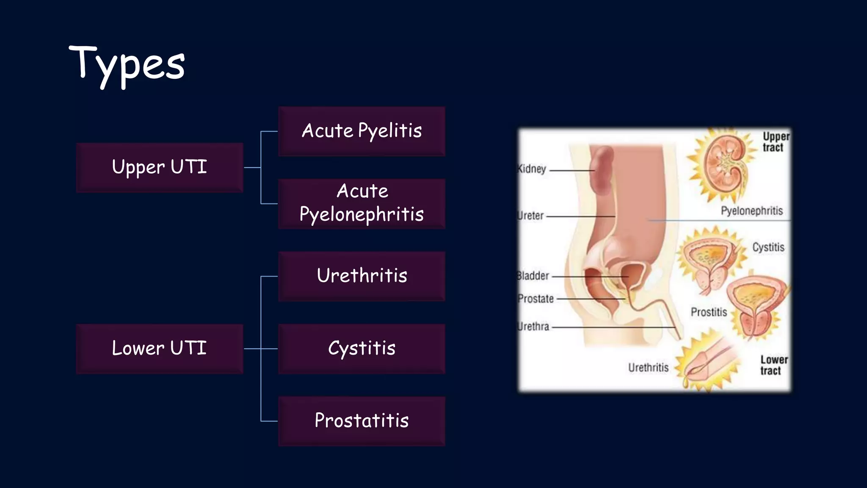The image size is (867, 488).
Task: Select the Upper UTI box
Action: coord(160,167)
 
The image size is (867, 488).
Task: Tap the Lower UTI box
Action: coord(160,349)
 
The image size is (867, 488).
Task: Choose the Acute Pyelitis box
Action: coord(362,131)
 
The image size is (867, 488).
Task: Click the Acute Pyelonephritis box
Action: coord(362,204)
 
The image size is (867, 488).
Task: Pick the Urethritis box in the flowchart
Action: coord(362,276)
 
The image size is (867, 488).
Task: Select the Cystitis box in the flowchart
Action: coord(362,349)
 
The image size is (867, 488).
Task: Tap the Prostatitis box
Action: coord(362,421)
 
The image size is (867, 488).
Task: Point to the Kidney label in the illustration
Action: coord(532,169)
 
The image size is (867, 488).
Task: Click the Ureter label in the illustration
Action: coord(531,216)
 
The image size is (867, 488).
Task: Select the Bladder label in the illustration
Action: coord(533,276)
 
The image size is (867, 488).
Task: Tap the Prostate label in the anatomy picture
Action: coord(536,299)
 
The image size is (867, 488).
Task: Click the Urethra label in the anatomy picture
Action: coord(533,327)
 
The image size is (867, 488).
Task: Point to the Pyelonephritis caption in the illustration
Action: coord(752,211)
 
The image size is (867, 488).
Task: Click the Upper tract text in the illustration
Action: coord(776,142)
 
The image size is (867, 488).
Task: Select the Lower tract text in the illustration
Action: coord(773,365)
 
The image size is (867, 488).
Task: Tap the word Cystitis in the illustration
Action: coord(768,247)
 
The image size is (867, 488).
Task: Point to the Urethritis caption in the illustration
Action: coord(648,367)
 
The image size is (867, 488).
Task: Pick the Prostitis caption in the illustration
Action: coord(709,312)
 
